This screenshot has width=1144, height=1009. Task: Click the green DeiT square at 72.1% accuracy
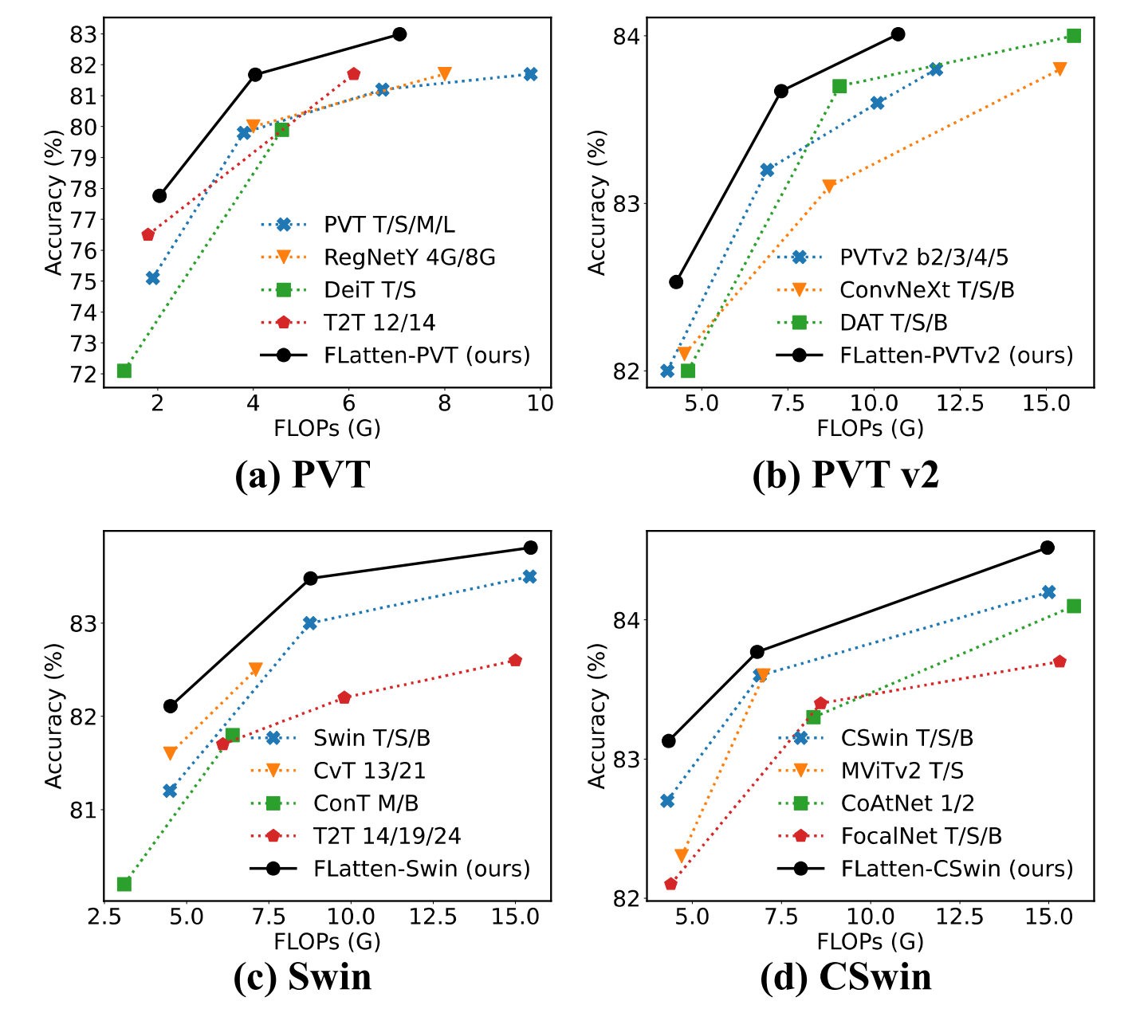(124, 371)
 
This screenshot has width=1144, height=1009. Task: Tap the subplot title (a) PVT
(302, 474)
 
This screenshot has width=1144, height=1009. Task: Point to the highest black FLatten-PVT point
(399, 34)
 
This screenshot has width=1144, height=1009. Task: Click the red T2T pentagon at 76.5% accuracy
(147, 234)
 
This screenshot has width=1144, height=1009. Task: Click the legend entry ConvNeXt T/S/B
(927, 289)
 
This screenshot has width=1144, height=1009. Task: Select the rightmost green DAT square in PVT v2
(1074, 36)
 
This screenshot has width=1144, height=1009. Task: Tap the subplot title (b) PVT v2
(846, 474)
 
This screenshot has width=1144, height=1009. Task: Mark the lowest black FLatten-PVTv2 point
(676, 281)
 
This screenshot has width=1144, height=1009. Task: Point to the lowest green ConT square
(124, 884)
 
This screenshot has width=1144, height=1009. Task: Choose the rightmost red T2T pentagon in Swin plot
(515, 660)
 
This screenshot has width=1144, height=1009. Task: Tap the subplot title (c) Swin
(302, 976)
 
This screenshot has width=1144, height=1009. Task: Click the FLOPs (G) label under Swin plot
(327, 941)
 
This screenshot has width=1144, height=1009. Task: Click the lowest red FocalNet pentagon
(670, 884)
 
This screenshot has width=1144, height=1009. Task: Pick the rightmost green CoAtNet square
(1074, 606)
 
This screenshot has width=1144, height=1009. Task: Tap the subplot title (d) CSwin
(846, 976)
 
